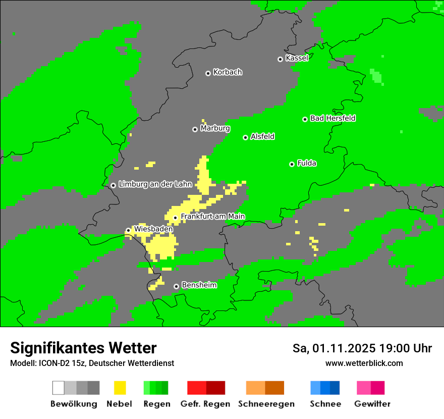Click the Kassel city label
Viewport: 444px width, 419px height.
coord(297,58)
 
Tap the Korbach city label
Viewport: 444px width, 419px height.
coord(228,72)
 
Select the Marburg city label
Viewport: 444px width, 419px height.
coord(215,128)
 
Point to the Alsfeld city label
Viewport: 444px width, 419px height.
coord(262,136)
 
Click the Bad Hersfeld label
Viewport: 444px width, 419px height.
coord(332,118)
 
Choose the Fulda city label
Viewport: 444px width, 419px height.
coord(307,163)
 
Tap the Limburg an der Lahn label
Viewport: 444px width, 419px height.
coord(155,184)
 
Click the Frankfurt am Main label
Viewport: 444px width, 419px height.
coord(212,217)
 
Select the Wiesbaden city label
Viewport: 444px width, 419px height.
coord(153,229)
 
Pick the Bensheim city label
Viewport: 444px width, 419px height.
coord(199,285)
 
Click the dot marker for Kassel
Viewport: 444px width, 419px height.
coord(281,59)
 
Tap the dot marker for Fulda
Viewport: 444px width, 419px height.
coord(292,164)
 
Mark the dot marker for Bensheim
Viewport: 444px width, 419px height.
coord(176,286)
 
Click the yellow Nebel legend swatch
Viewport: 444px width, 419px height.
coord(120,388)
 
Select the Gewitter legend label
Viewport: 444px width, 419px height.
coord(372,404)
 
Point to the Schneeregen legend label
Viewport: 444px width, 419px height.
coord(266,404)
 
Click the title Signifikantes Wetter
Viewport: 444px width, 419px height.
coord(83,348)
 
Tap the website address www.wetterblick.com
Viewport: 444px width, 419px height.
coord(364,363)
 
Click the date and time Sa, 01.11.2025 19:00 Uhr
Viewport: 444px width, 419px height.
coord(362,348)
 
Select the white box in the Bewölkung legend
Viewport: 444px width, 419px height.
coord(58,388)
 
